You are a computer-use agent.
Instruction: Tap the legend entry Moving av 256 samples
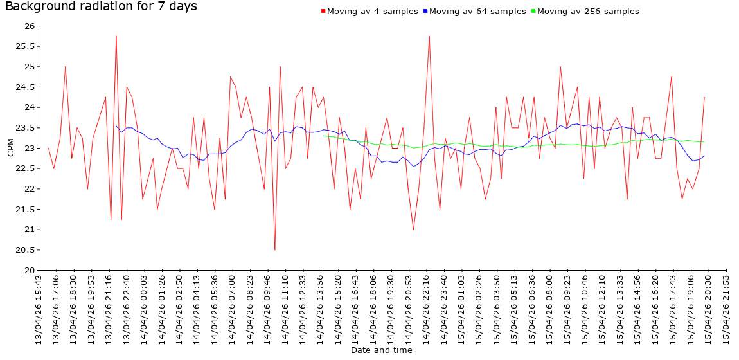(x=588, y=12)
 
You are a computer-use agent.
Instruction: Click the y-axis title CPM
(x=10, y=148)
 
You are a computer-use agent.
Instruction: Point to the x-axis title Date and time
(x=381, y=350)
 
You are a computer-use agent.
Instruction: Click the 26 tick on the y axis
(x=30, y=26)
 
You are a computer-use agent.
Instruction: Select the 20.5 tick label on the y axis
(x=26, y=250)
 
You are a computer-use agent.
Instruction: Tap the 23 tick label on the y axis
(x=30, y=148)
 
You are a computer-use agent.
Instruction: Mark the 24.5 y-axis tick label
(x=26, y=87)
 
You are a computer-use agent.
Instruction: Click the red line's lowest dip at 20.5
(x=275, y=249)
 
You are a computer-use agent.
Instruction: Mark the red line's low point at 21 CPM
(x=413, y=230)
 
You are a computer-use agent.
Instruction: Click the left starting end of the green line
(x=323, y=136)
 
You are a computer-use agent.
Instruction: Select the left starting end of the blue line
(x=116, y=125)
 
